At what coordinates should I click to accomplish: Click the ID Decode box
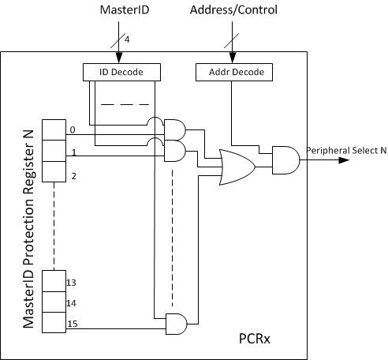click(x=121, y=72)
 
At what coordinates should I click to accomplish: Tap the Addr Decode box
click(x=231, y=72)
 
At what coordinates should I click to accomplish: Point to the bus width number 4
click(x=126, y=39)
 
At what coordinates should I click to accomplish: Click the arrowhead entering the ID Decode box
click(x=118, y=60)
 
